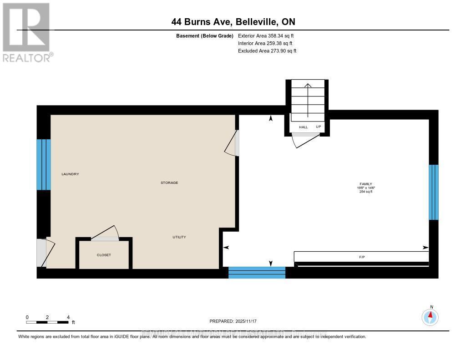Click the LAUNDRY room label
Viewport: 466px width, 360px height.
point(71,174)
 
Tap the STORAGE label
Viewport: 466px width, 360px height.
point(169,183)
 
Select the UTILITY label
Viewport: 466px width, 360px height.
point(179,237)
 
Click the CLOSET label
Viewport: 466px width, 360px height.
point(104,255)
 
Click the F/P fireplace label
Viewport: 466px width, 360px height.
point(362,257)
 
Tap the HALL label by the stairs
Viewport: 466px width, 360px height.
point(304,127)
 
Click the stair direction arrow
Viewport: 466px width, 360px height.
point(308,100)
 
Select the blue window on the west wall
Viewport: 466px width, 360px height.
point(44,164)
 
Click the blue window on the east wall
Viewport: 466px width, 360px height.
point(434,192)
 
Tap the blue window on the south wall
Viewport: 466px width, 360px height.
point(257,273)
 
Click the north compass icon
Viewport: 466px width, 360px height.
point(430,316)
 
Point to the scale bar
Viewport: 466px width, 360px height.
point(48,322)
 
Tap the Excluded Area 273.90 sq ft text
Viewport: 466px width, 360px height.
point(267,51)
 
